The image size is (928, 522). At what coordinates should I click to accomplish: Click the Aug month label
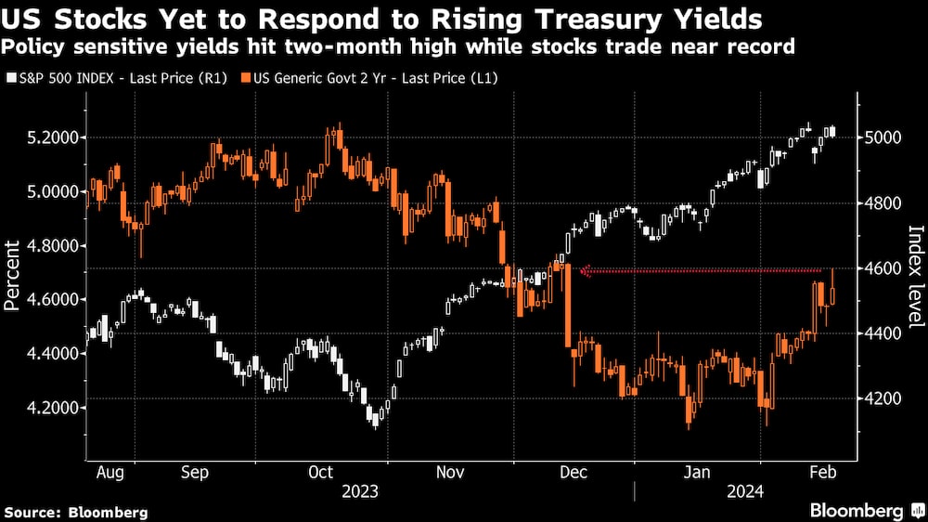[x=110, y=472]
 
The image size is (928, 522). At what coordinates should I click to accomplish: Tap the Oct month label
[x=320, y=472]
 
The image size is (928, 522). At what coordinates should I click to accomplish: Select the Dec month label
[x=574, y=472]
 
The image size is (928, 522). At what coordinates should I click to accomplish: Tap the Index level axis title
[x=915, y=276]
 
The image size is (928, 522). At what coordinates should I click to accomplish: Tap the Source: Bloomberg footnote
[x=76, y=512]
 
